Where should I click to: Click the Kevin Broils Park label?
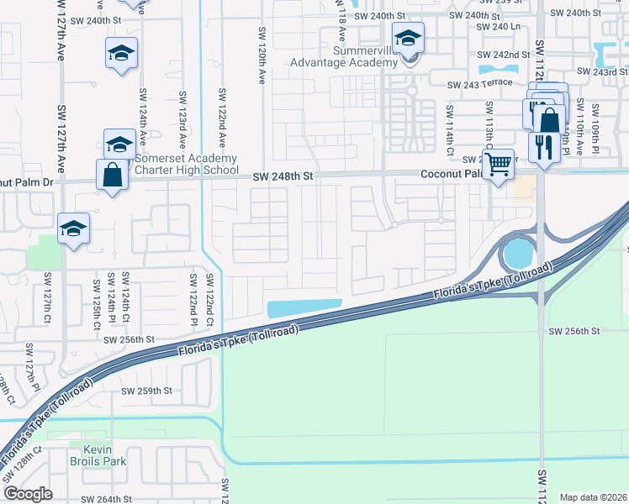point(98,455)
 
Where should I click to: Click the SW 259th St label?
point(146,391)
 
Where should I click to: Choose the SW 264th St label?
point(107,499)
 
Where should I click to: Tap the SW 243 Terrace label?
point(479,85)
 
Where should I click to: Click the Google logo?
point(29,494)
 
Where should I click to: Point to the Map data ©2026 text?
point(592,497)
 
